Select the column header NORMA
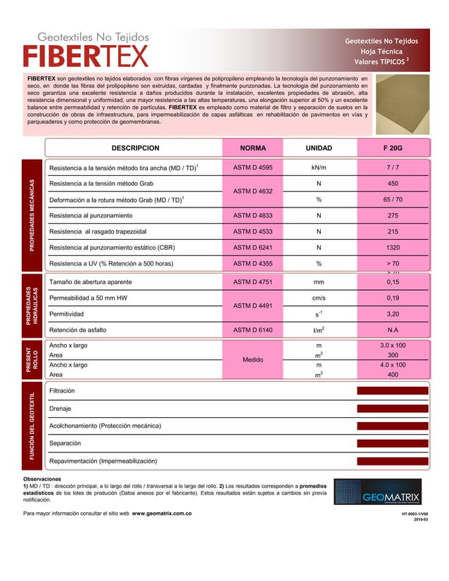[253, 148]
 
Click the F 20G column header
[393, 148]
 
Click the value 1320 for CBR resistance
[393, 247]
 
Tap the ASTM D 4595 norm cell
[253, 168]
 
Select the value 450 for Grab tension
[393, 184]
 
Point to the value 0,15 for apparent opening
[393, 282]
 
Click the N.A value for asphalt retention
[393, 329]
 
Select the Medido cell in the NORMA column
[253, 360]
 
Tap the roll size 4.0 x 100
[393, 365]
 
